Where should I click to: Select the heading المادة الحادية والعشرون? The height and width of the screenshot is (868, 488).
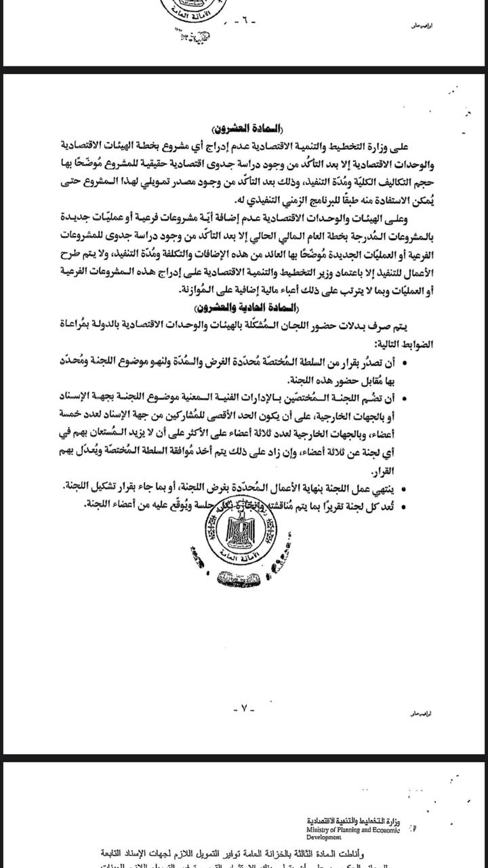click(x=244, y=307)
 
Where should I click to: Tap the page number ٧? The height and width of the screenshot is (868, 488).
click(x=244, y=709)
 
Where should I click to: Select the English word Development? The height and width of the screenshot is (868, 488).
click(x=324, y=837)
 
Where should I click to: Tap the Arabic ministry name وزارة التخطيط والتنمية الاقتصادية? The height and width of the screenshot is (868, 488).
click(x=352, y=821)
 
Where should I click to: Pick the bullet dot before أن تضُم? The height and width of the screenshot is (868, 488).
click(x=405, y=399)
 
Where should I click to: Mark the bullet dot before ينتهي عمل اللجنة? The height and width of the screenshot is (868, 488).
click(x=405, y=488)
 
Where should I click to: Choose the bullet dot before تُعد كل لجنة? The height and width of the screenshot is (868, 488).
click(x=405, y=505)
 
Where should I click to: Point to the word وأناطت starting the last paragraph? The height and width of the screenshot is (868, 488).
click(x=384, y=854)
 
